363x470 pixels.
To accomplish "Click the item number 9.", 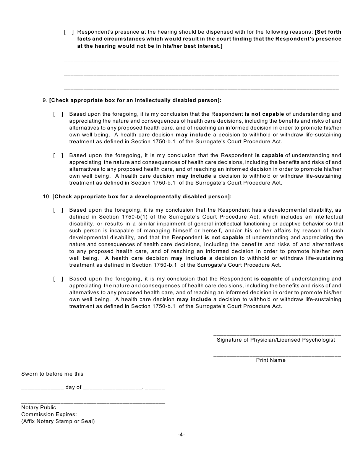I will [x=45, y=100].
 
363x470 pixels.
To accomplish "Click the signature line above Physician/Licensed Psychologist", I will [x=277, y=334].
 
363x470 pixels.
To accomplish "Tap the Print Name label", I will [x=271, y=360].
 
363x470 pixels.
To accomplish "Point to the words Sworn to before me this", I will [x=52, y=374].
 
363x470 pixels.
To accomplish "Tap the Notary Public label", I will [x=39, y=408].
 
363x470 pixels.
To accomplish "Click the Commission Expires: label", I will [x=49, y=415].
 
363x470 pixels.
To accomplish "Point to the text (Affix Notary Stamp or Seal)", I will [x=58, y=421].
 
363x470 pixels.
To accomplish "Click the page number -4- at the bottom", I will [x=181, y=435].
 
